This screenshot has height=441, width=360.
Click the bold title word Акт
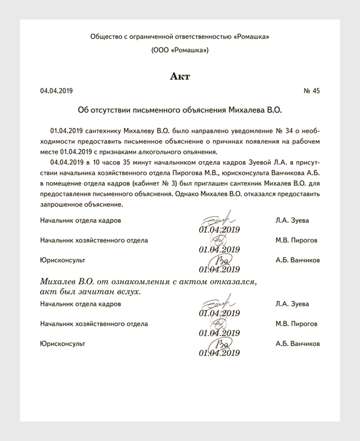[x=180, y=76]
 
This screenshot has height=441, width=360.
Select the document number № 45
[x=311, y=90]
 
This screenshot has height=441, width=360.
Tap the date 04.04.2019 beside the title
[x=56, y=90]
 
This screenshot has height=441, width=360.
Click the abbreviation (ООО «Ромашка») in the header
[x=180, y=51]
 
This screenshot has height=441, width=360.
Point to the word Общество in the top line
[x=105, y=36]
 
